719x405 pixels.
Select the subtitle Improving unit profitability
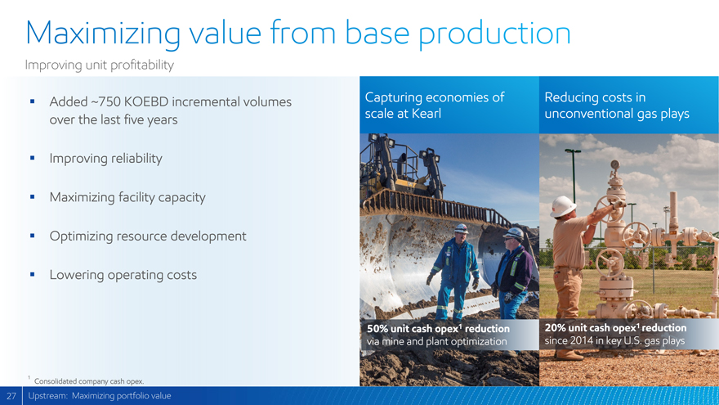coord(100,65)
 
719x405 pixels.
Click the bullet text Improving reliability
coord(106,159)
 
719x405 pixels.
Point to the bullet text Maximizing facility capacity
coord(127,197)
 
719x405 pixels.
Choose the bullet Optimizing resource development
coord(148,236)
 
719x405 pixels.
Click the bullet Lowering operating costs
coord(123,275)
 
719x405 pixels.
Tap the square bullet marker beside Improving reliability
coord(32,158)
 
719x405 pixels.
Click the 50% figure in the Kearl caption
coord(377,329)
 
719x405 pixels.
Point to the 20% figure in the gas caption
coord(556,328)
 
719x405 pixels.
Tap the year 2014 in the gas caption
coord(582,340)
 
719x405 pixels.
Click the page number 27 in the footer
coord(11,396)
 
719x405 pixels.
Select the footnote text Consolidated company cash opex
coord(89,381)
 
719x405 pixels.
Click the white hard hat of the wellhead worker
coord(562,206)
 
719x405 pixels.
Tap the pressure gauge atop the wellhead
coord(615,164)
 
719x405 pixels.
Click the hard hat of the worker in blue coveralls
coord(461,228)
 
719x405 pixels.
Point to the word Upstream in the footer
coord(47,396)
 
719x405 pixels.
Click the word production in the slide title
coord(495,34)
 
